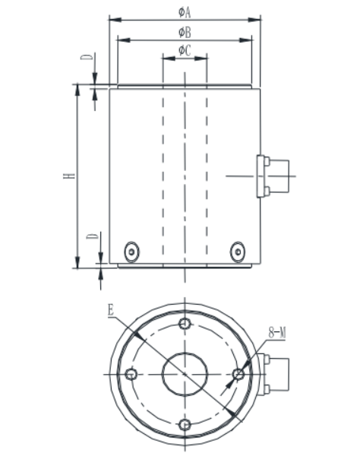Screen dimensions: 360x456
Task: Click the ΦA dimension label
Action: click(185, 12)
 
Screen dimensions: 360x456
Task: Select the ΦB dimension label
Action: click(185, 32)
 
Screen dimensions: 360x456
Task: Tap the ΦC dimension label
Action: click(185, 50)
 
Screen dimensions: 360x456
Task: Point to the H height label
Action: click(69, 176)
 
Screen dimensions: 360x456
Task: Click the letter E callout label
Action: click(110, 310)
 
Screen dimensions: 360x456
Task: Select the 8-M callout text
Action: click(277, 332)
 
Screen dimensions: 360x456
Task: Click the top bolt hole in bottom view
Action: click(185, 323)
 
